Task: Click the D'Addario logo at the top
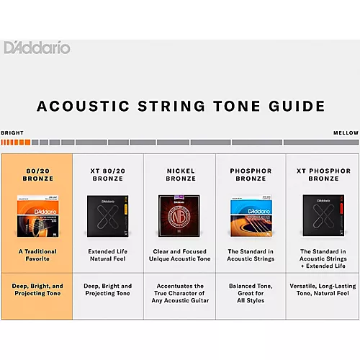point(37,48)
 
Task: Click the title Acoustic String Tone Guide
point(180,107)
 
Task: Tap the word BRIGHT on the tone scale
point(12,133)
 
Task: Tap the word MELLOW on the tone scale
point(346,133)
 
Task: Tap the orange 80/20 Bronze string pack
point(36,215)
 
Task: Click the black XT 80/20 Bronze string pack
point(107,215)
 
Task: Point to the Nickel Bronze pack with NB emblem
point(180,215)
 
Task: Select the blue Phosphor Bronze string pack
point(251,215)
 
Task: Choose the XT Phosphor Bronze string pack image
point(322,215)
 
